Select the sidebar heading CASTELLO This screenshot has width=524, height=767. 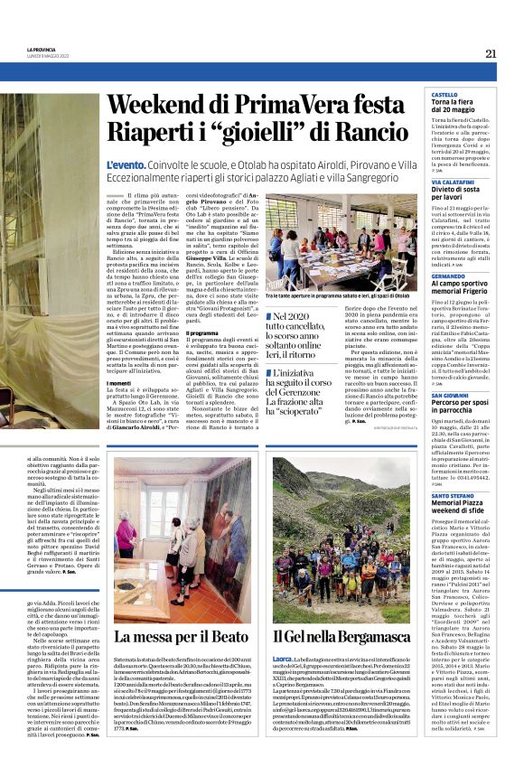click(x=444, y=94)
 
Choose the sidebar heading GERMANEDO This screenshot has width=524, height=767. click(x=448, y=275)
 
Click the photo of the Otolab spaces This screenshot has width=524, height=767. click(x=344, y=240)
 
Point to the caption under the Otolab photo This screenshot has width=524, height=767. click(x=344, y=295)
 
